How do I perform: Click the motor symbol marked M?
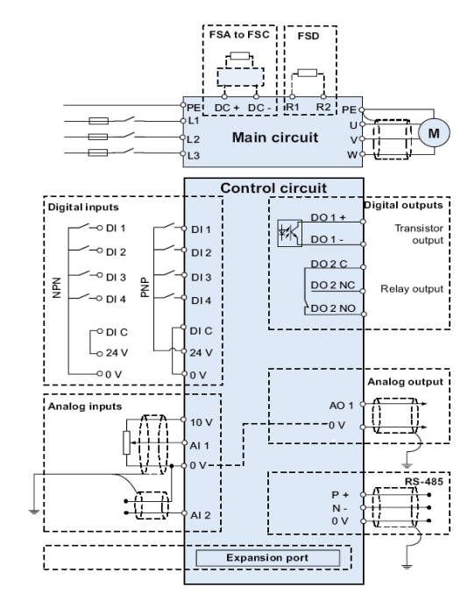pyautogui.click(x=434, y=133)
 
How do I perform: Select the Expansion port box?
pyautogui.click(x=267, y=558)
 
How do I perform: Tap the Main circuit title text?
pyautogui.click(x=275, y=138)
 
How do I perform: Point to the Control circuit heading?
pyautogui.click(x=273, y=187)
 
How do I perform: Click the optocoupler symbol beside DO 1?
pyautogui.click(x=289, y=233)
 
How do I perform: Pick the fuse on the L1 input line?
pyautogui.click(x=98, y=121)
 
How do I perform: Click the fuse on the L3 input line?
pyautogui.click(x=97, y=152)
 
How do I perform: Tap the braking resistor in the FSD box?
pyautogui.click(x=308, y=73)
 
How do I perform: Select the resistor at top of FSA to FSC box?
pyautogui.click(x=239, y=56)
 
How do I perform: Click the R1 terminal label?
pyautogui.click(x=293, y=107)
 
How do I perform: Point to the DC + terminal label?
pyautogui.click(x=227, y=108)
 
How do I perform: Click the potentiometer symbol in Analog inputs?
pyautogui.click(x=126, y=442)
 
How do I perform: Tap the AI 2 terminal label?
pyautogui.click(x=200, y=515)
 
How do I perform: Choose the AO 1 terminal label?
pyautogui.click(x=341, y=406)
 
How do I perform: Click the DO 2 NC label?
pyautogui.click(x=333, y=285)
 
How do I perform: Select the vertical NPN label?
pyautogui.click(x=57, y=287)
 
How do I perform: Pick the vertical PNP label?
pyautogui.click(x=145, y=287)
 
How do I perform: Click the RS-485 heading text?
pyautogui.click(x=423, y=481)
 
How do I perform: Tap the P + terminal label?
pyautogui.click(x=340, y=495)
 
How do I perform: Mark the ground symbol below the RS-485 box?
pyautogui.click(x=407, y=566)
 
